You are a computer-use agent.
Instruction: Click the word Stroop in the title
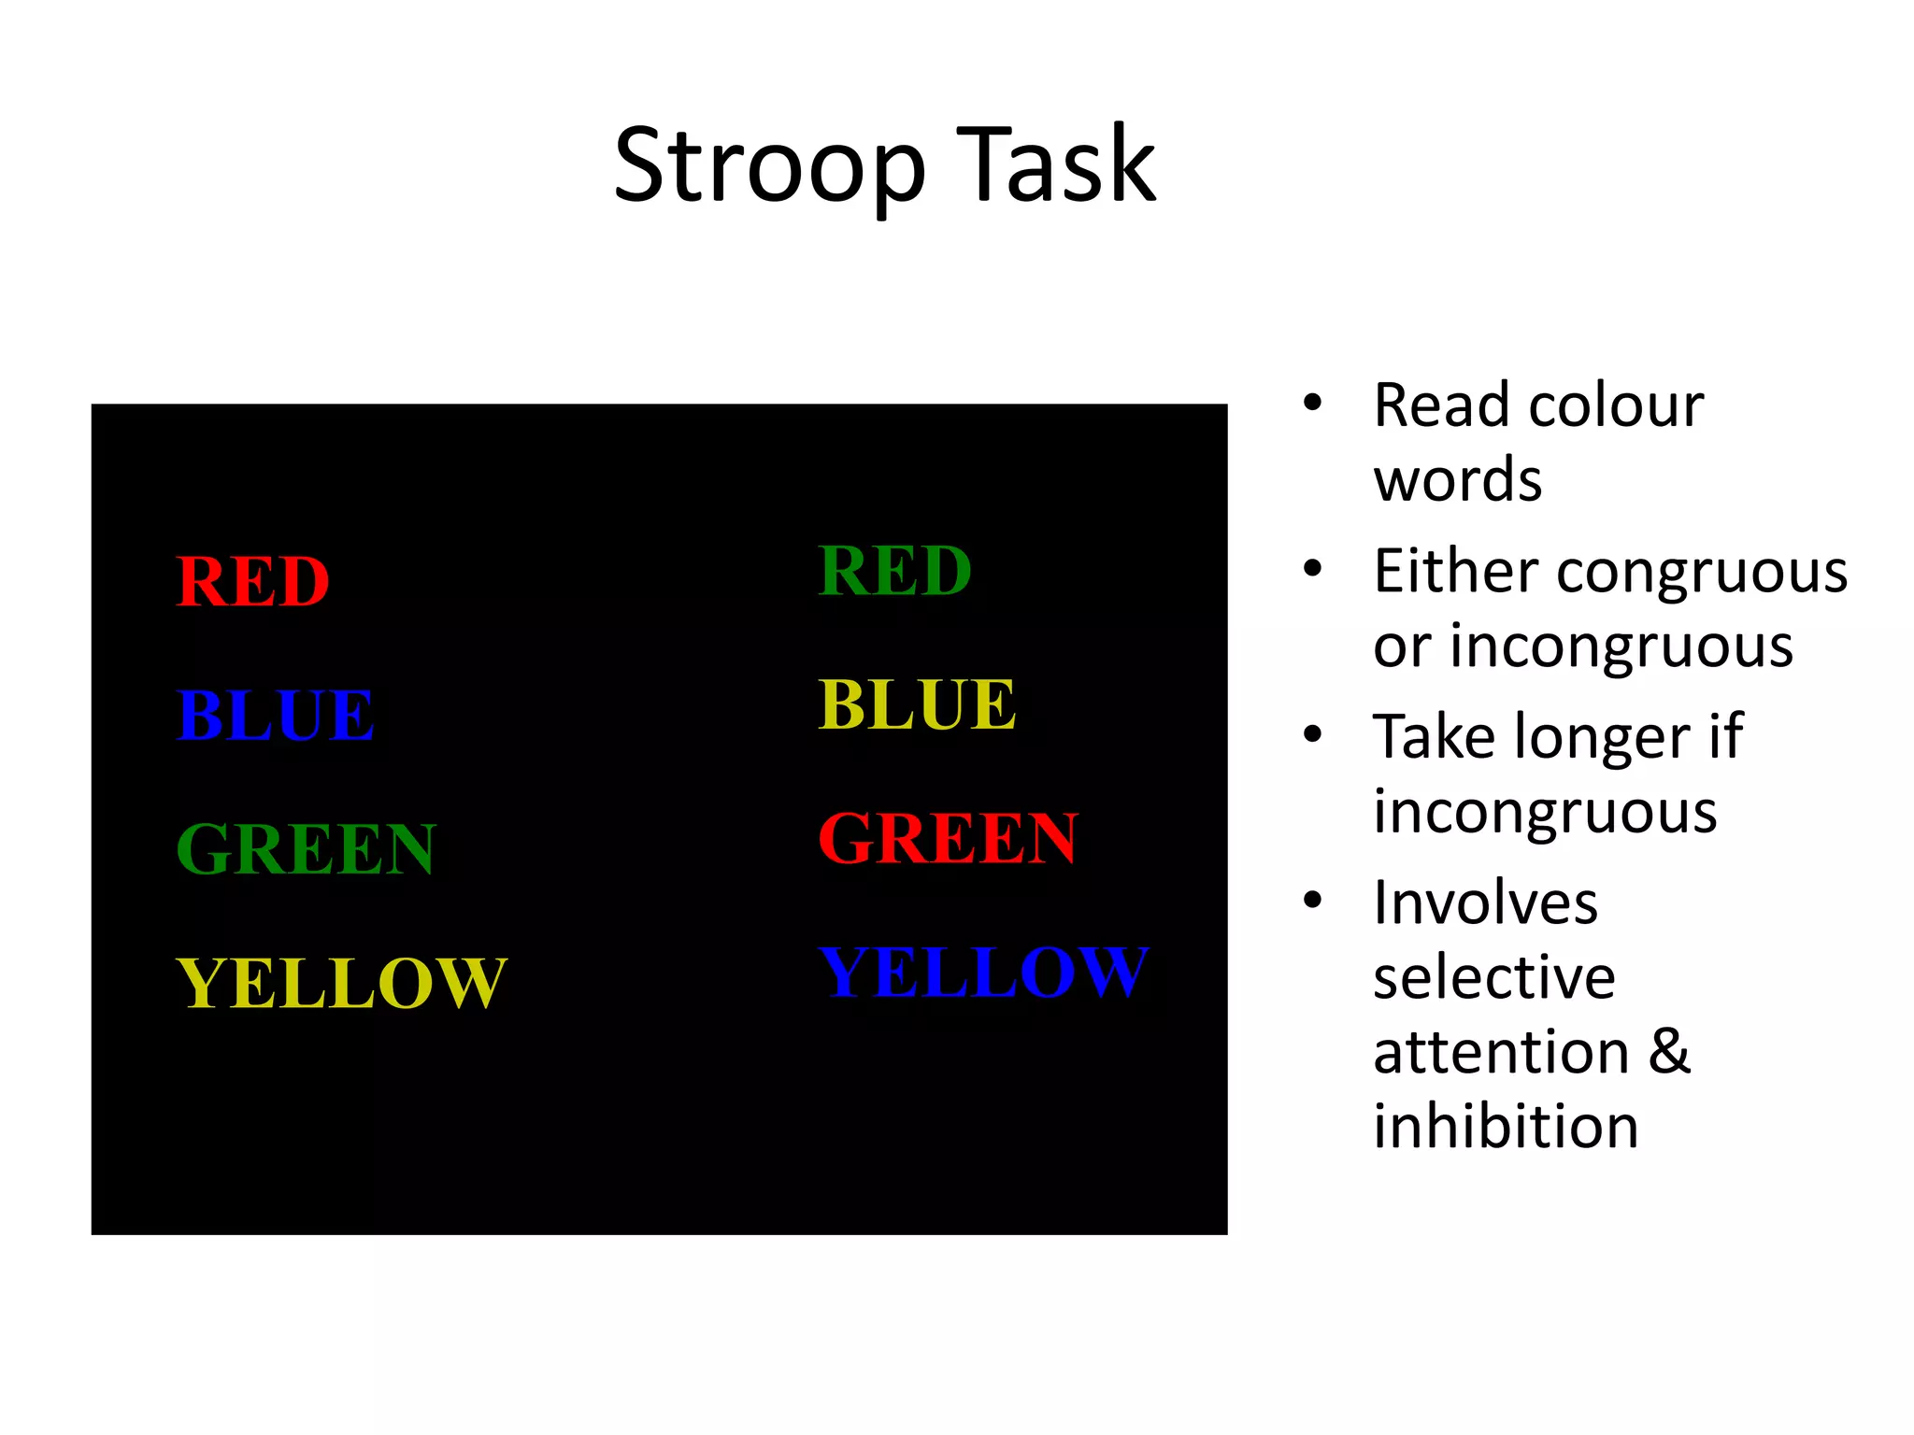point(768,166)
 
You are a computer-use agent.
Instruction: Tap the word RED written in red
point(252,581)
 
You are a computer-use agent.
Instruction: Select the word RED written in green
point(894,570)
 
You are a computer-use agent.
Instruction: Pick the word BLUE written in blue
point(276,715)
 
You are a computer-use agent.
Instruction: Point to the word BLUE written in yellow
point(917,704)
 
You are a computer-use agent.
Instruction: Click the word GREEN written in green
point(306,848)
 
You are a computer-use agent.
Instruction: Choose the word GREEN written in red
point(948,838)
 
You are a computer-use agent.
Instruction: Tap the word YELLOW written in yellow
point(341,983)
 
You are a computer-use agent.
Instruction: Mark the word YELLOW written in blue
point(982,972)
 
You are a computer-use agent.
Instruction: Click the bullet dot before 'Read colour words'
point(1313,403)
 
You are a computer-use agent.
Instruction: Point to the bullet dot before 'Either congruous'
point(1313,568)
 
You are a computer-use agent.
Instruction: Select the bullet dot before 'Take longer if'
point(1313,734)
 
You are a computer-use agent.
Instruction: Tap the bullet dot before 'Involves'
point(1313,900)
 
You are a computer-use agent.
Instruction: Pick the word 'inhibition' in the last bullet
point(1506,1125)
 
